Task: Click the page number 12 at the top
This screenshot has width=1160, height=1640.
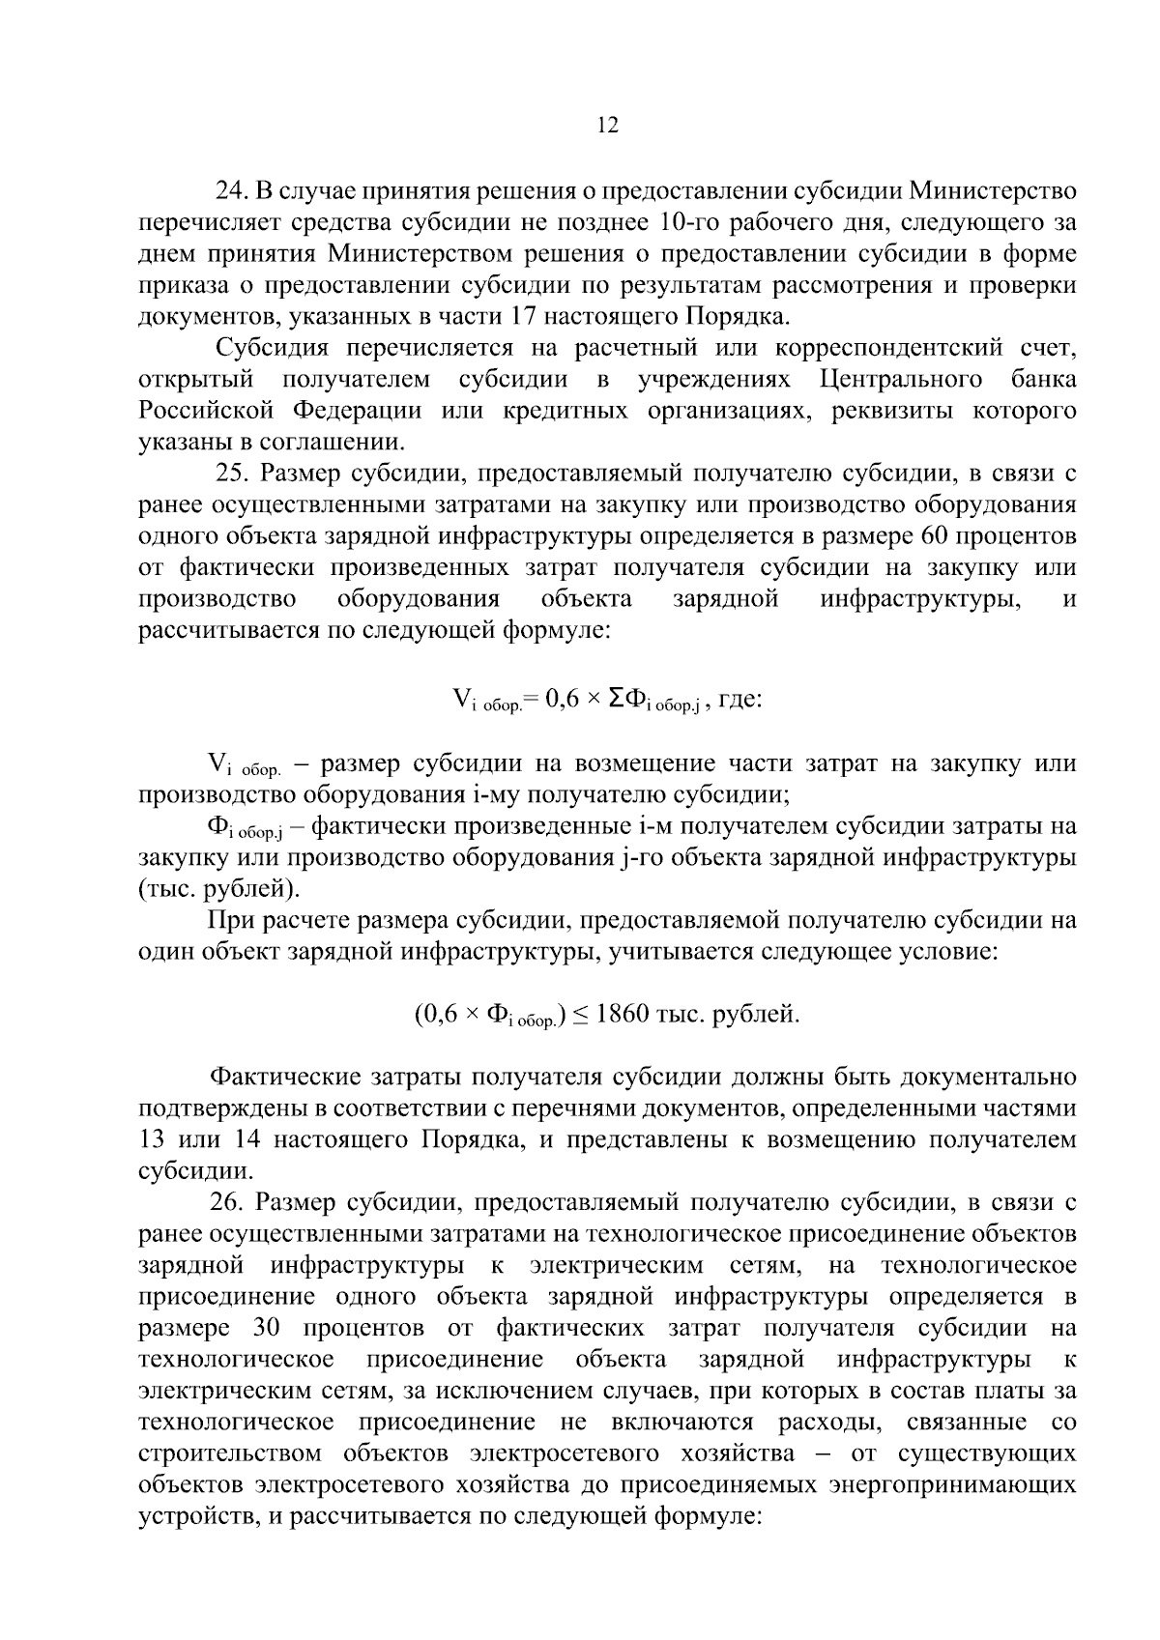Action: [x=608, y=126]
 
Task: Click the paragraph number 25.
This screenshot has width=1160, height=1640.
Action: [x=232, y=474]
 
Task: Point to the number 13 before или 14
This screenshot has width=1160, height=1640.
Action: [x=153, y=1139]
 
